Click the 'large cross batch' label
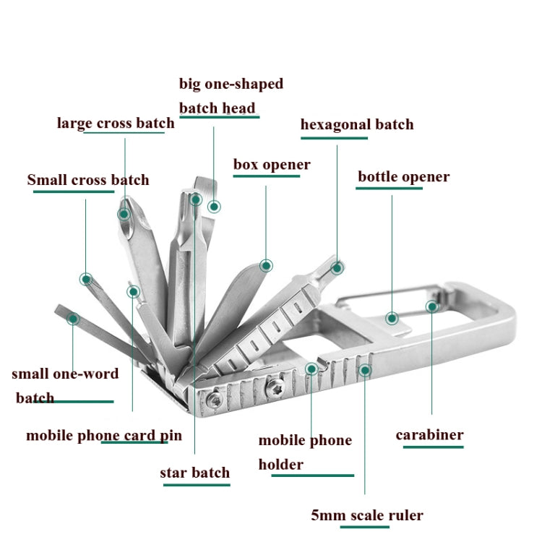pyautogui.click(x=116, y=123)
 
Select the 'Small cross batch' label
pyautogui.click(x=88, y=180)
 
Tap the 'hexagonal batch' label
pyautogui.click(x=357, y=124)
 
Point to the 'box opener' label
pyautogui.click(x=272, y=165)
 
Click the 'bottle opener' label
pyautogui.click(x=403, y=177)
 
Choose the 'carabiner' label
pyautogui.click(x=429, y=435)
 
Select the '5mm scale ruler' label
pyautogui.click(x=366, y=515)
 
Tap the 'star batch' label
pyautogui.click(x=194, y=473)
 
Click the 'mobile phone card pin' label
pyautogui.click(x=104, y=436)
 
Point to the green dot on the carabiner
pyautogui.click(x=432, y=306)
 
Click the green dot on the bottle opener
pyautogui.click(x=392, y=318)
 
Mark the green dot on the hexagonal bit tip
pyautogui.click(x=337, y=267)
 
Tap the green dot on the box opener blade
pyautogui.click(x=267, y=265)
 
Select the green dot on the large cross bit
pyautogui.click(x=124, y=213)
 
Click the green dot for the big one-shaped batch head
pyautogui.click(x=214, y=207)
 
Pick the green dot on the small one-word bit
pyautogui.click(x=72, y=318)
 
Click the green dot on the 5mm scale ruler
pyautogui.click(x=365, y=371)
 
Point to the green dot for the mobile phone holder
pyautogui.click(x=311, y=369)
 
